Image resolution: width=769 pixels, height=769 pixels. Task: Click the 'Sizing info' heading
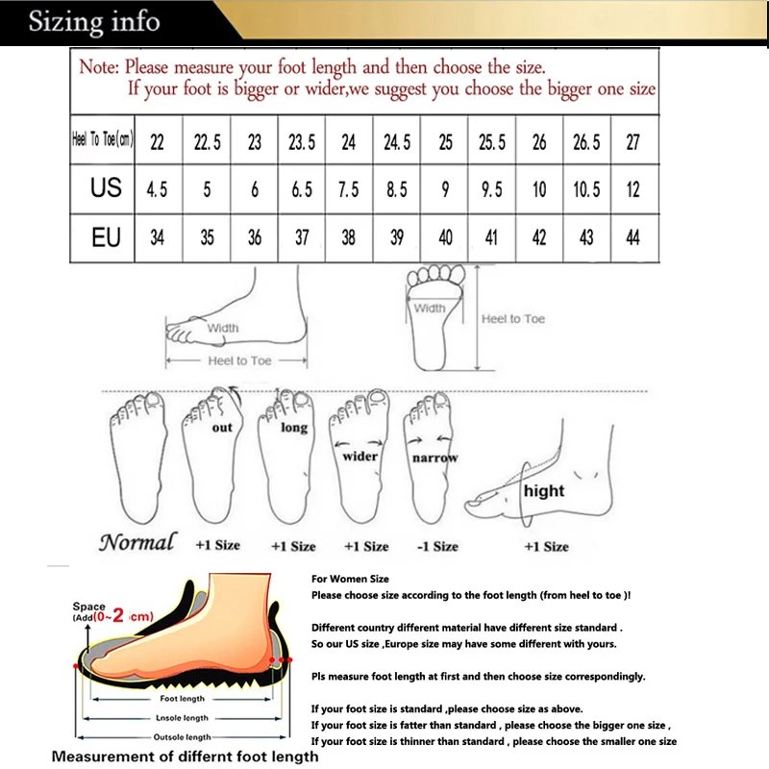click(94, 20)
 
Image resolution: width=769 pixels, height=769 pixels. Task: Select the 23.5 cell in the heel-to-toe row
click(302, 142)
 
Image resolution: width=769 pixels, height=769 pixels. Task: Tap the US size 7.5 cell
click(349, 189)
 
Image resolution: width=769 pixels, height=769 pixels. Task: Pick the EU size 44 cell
click(633, 237)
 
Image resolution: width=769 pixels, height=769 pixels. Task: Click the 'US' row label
click(106, 187)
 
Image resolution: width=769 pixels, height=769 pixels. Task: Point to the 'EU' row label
click(106, 236)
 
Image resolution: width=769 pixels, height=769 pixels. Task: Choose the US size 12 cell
click(633, 189)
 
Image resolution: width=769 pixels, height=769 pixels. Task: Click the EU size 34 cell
click(157, 237)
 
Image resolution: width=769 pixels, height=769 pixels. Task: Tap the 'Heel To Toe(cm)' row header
click(103, 141)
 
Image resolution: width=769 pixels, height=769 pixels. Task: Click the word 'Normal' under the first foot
click(137, 542)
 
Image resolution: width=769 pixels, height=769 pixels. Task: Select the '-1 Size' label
click(438, 546)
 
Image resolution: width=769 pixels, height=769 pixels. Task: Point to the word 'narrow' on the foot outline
click(434, 459)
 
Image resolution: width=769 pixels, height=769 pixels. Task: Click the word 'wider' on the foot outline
click(360, 456)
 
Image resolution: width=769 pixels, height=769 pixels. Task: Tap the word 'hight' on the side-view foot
click(544, 490)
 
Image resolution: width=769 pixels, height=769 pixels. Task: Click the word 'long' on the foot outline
click(294, 428)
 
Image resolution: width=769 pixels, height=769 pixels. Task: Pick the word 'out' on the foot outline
click(222, 428)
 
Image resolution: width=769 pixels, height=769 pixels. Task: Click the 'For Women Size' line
click(350, 580)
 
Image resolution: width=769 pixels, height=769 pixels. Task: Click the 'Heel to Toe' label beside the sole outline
click(513, 318)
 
